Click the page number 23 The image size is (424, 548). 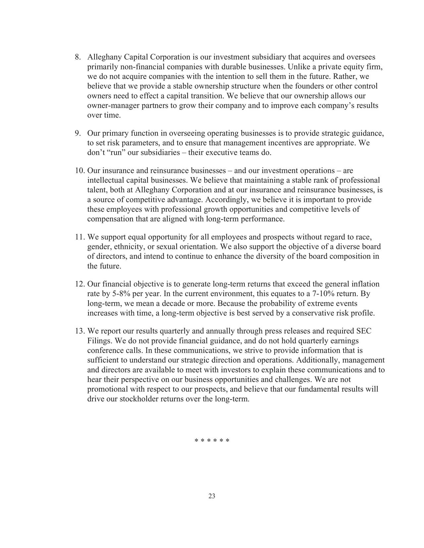pos(212,496)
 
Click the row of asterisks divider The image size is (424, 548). pos(212,441)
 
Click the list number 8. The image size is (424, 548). pos(78,57)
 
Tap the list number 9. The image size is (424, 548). pos(78,134)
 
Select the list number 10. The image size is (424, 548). pos(80,171)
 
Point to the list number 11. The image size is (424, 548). pos(80,237)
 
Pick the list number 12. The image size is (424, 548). pos(80,284)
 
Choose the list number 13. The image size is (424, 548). pos(80,331)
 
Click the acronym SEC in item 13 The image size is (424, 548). pos(364,331)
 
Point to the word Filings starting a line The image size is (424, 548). pos(97,341)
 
